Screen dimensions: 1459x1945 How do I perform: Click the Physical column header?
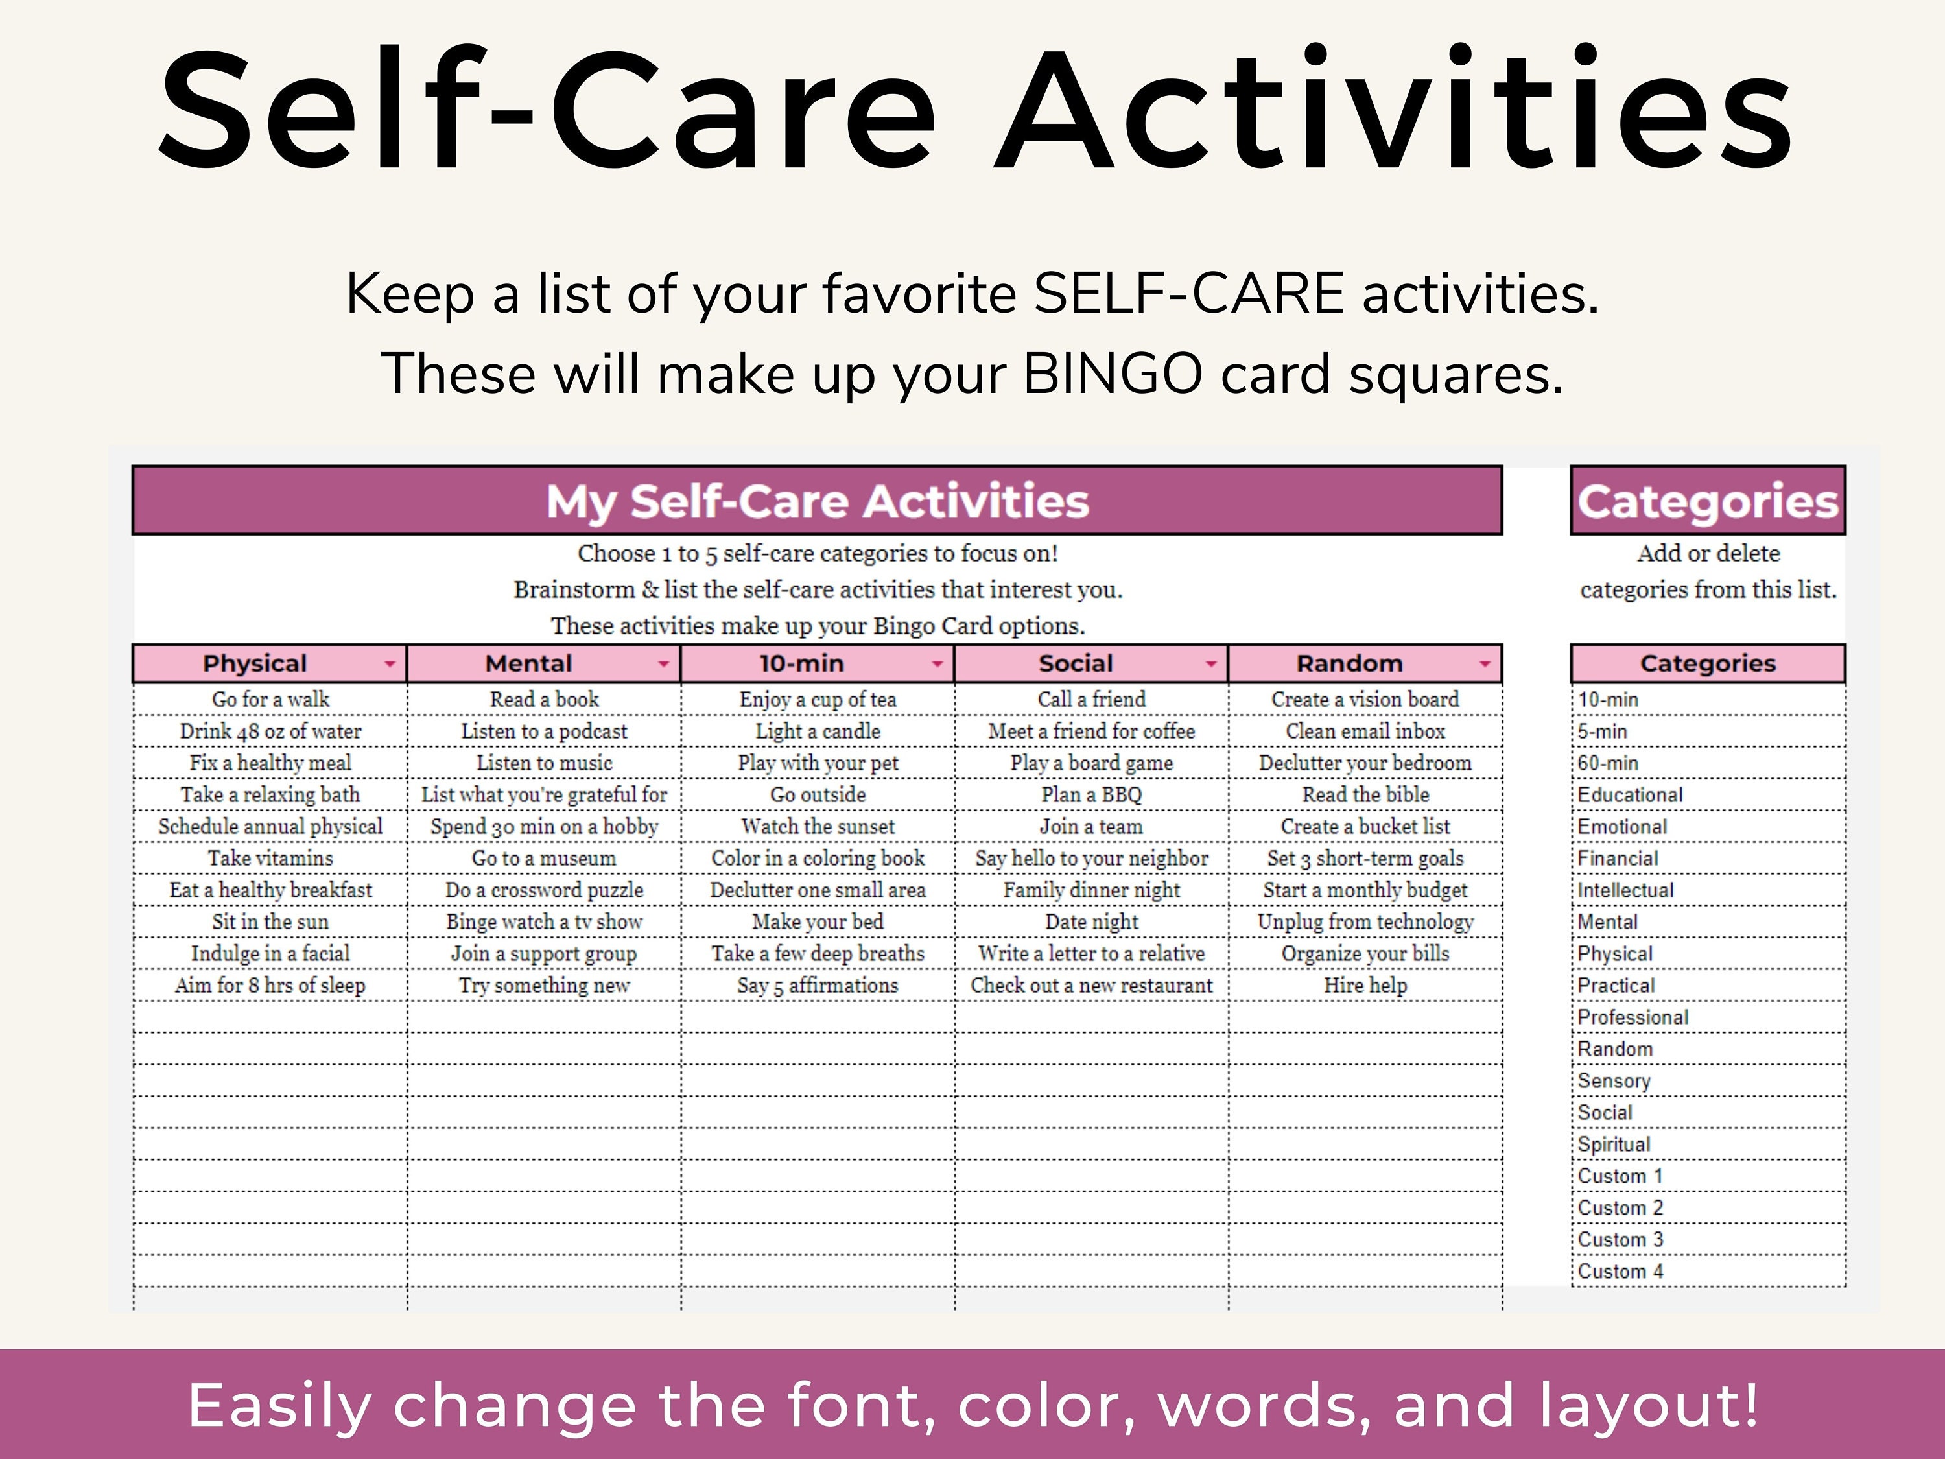(255, 663)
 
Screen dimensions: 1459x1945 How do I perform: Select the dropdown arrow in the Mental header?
(664, 664)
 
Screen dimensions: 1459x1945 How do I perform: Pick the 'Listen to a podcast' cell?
(545, 731)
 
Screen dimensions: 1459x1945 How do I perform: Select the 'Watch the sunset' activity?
(818, 826)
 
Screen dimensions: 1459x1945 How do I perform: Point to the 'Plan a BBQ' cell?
(1091, 794)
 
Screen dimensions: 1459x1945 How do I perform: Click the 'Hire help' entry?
(1365, 985)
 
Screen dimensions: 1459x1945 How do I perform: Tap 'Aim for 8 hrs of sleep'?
(270, 985)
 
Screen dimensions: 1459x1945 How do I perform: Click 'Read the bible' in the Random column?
(1365, 794)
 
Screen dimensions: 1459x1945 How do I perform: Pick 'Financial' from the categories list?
(1617, 859)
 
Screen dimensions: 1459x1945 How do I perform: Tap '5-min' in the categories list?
(1602, 731)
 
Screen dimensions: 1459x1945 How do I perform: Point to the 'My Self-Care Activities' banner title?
(817, 501)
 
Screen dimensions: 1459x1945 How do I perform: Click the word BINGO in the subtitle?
(1113, 374)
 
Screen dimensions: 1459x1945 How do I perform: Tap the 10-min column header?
(801, 663)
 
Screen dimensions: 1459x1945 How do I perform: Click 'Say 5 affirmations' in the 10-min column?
(818, 985)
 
